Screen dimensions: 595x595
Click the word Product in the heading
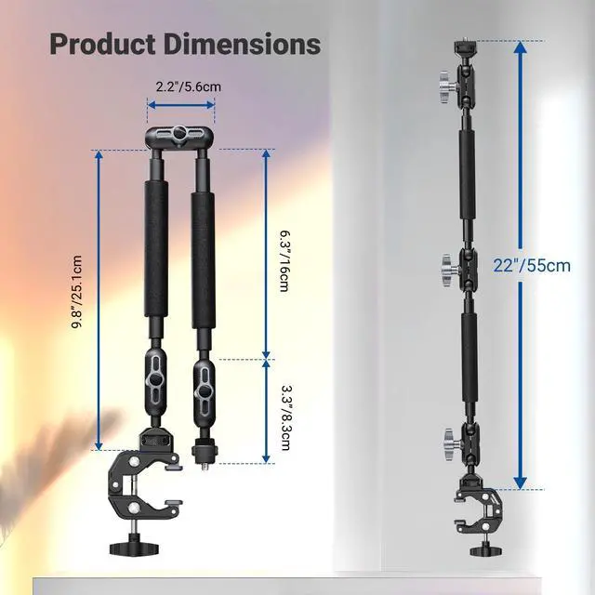(x=102, y=45)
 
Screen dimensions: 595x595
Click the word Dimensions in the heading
(x=243, y=45)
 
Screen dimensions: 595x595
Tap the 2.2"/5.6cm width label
(x=188, y=86)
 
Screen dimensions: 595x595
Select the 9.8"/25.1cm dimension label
(x=77, y=291)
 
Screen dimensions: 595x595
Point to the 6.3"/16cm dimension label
(x=284, y=260)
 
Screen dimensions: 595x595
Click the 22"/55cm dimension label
(x=532, y=265)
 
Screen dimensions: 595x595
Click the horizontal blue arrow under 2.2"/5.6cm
(x=181, y=105)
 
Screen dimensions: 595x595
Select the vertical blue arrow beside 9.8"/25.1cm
(x=99, y=299)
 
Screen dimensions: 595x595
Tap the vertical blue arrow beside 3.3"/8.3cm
(x=267, y=411)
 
